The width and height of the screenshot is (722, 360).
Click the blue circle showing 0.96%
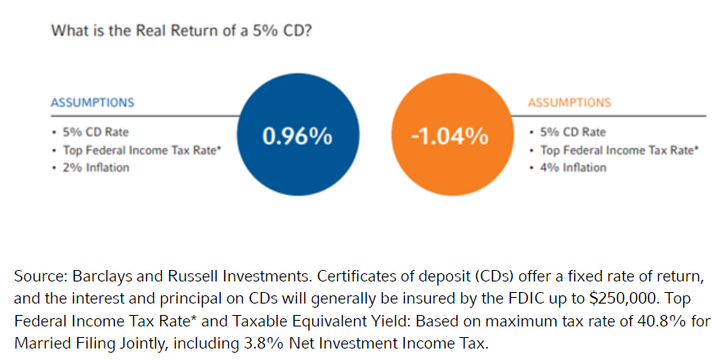(297, 137)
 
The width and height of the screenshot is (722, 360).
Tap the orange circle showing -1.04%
(450, 137)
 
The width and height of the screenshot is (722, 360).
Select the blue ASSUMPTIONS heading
(92, 103)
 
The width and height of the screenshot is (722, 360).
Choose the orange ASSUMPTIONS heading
(569, 103)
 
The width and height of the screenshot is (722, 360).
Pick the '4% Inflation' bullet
(572, 168)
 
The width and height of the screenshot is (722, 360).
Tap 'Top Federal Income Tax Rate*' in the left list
(138, 150)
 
